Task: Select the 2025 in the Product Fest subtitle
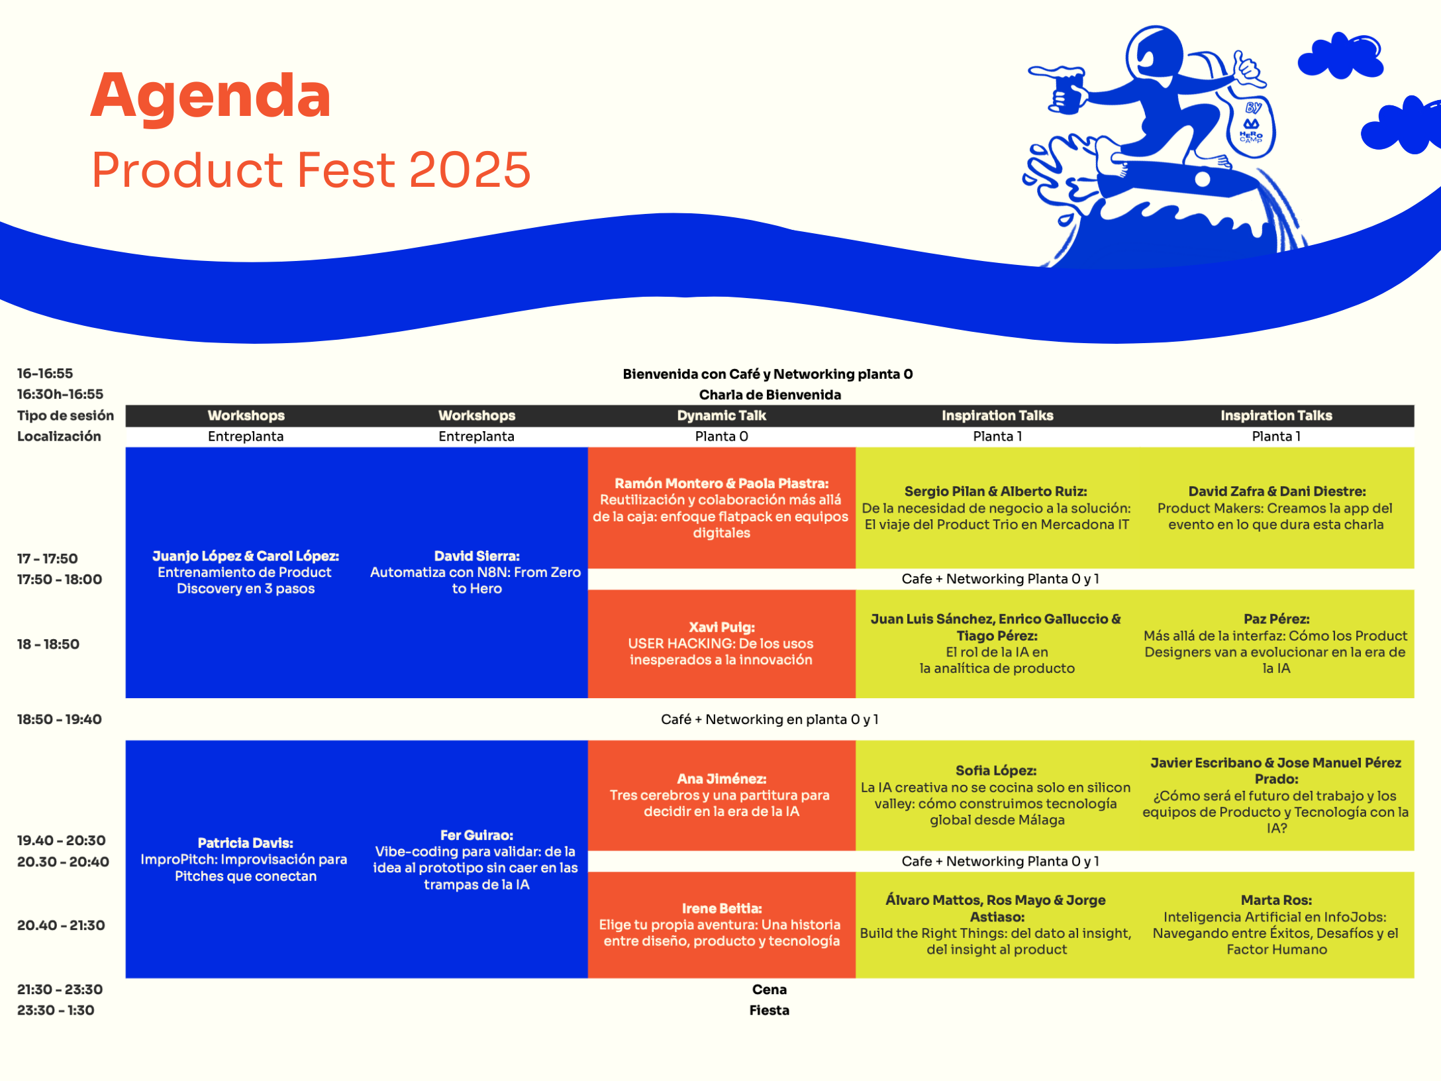click(470, 170)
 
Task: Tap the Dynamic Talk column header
click(721, 415)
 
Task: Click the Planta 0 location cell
click(721, 436)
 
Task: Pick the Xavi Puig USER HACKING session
click(721, 643)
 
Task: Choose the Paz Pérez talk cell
click(1275, 643)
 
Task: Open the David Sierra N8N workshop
click(476, 572)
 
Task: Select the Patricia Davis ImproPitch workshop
click(245, 859)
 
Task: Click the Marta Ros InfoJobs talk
click(1275, 925)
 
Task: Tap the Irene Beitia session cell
click(721, 925)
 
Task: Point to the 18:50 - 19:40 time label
click(60, 719)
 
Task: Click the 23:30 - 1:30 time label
click(56, 1010)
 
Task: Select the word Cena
click(770, 990)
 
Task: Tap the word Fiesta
click(770, 1010)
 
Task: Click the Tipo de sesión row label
click(66, 415)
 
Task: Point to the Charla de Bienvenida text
click(770, 395)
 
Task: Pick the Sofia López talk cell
click(997, 795)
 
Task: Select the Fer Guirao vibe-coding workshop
click(476, 859)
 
